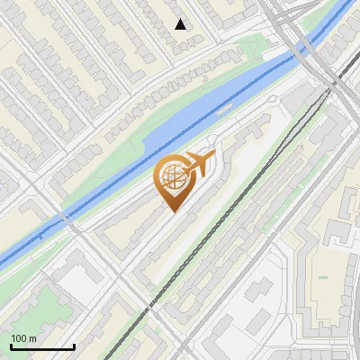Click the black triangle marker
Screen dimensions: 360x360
click(x=181, y=24)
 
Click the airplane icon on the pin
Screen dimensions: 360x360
click(x=198, y=164)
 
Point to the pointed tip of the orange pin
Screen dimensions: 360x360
click(x=173, y=211)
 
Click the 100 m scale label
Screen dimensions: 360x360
click(x=24, y=338)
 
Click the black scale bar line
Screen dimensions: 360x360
click(x=42, y=347)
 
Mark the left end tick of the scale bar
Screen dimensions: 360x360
click(x=11, y=346)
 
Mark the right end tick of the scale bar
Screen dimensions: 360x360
click(x=74, y=346)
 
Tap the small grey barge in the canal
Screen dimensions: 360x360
click(x=226, y=106)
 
